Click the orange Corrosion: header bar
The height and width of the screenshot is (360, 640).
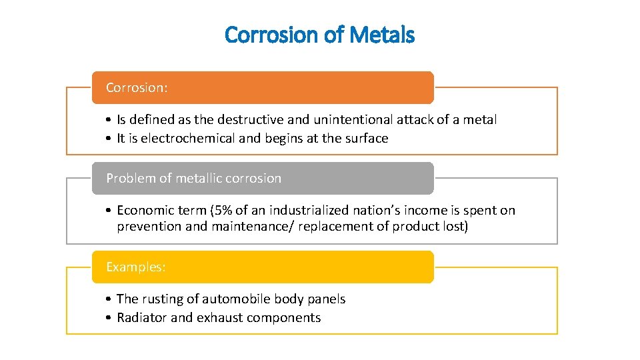coord(263,87)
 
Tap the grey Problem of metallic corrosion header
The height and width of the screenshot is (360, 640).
coord(263,178)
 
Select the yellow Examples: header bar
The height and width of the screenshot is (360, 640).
coord(263,267)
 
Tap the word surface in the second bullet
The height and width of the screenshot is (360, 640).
coord(366,139)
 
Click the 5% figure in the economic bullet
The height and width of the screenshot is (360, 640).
coord(223,211)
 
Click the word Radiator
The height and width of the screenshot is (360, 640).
coord(142,318)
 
